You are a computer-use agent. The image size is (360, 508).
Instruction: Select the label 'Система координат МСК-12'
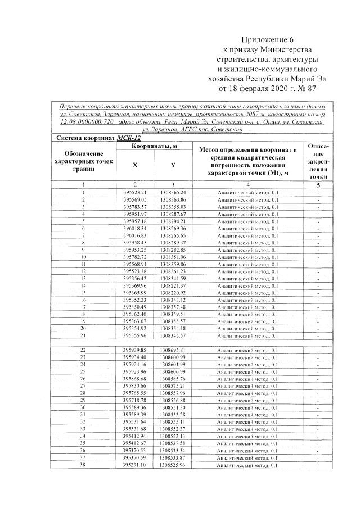95,138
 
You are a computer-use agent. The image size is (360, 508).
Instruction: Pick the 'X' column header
134,165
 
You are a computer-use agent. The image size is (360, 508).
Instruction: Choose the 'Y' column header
173,165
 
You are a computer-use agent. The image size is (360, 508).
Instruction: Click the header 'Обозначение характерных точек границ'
83,161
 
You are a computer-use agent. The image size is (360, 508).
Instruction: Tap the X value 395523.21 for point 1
134,192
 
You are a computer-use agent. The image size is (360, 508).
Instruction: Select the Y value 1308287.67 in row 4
173,214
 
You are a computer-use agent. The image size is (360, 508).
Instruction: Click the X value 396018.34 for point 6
134,228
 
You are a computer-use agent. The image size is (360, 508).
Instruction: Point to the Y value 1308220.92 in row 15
173,292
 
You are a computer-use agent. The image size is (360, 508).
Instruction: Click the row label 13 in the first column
83,278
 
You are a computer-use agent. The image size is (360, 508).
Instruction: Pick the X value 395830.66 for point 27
134,385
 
